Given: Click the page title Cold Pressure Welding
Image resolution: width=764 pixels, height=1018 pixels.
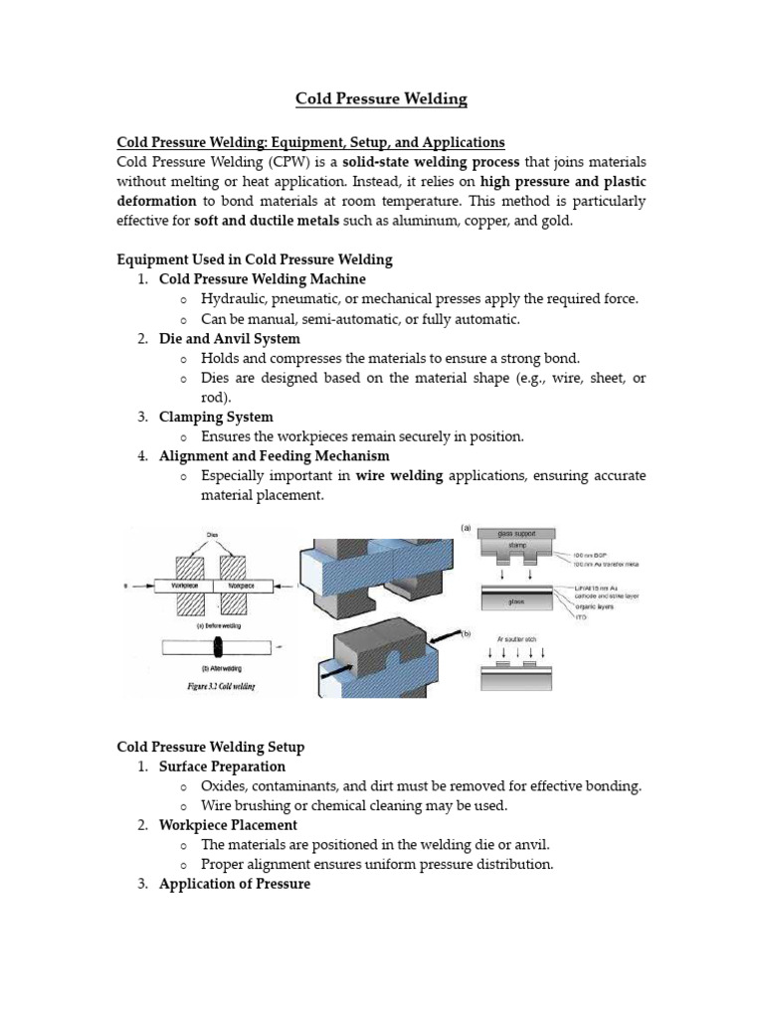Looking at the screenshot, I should click(x=381, y=99).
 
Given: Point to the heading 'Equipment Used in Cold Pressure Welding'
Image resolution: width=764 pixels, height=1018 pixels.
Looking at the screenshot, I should click(x=255, y=259).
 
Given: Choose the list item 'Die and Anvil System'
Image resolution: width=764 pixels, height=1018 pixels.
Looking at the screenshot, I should click(x=229, y=338).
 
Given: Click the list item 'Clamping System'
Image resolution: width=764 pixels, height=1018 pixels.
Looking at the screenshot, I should click(x=215, y=417).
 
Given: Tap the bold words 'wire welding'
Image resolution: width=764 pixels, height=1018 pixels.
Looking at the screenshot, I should click(x=399, y=476).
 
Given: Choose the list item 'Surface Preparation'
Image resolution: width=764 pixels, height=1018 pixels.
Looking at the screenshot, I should click(x=221, y=766).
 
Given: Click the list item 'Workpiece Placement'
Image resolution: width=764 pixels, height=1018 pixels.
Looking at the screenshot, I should click(x=227, y=825).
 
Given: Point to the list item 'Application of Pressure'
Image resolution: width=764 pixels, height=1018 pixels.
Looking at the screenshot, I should click(x=234, y=884).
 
